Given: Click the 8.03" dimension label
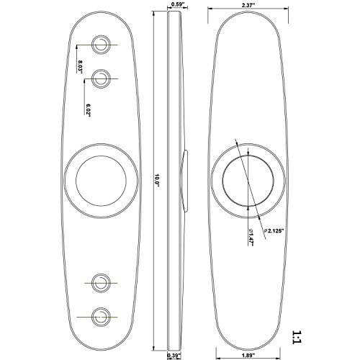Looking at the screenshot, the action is coord(80,66).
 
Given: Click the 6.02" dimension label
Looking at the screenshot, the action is coord(88,111).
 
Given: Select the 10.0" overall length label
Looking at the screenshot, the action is coord(157,180).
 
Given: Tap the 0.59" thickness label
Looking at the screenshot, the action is coord(177,4).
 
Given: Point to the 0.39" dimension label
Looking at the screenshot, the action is coord(174,355).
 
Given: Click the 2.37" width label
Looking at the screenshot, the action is coord(248,5).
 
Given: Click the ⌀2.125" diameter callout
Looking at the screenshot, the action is coord(274,231).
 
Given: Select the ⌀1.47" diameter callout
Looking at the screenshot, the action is coord(251,237).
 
